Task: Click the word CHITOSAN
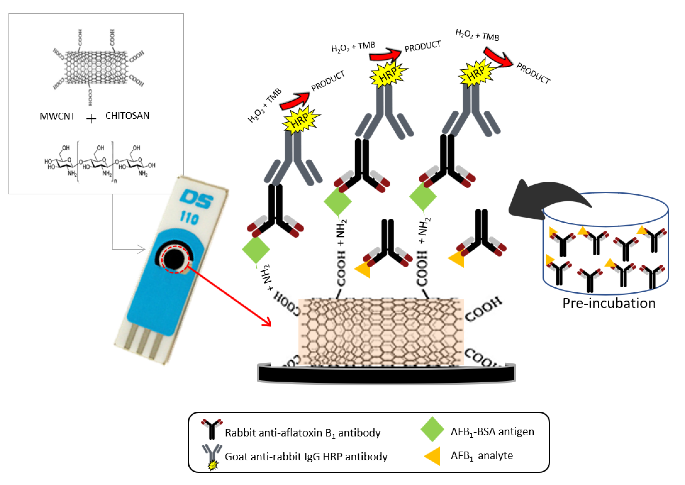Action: point(127,116)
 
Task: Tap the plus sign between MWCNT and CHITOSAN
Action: point(91,119)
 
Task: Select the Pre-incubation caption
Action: point(609,303)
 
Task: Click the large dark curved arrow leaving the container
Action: point(538,197)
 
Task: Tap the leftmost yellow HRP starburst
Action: point(301,120)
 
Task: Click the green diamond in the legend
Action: point(432,429)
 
